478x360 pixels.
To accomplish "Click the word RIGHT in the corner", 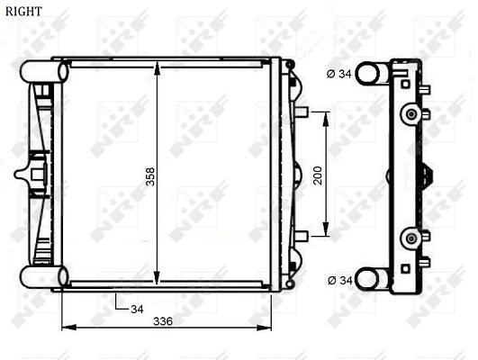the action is coord(23,12).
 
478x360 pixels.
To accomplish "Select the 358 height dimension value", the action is coord(150,176).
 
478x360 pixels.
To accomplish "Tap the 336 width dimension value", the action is coord(163,321).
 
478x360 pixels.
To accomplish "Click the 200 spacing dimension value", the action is coord(318,175).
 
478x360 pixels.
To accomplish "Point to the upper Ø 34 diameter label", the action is coord(339,74).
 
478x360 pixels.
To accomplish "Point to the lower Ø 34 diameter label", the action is coord(340,280).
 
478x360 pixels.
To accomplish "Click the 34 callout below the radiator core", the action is coord(137,309).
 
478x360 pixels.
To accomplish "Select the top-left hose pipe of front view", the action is coord(44,72).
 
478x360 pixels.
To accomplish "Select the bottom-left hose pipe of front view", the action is coord(44,277).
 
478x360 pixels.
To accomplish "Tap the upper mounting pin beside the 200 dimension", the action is coord(302,112).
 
